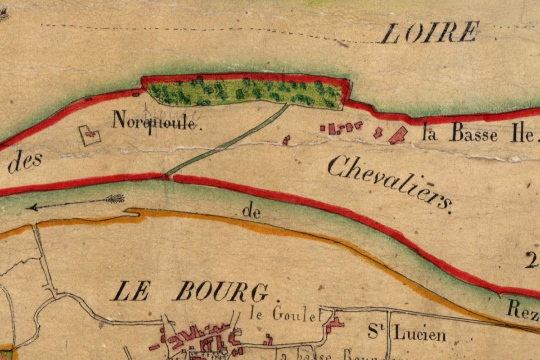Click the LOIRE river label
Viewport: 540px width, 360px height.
tap(430, 32)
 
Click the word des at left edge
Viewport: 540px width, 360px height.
tap(25, 163)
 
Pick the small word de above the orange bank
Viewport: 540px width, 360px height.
tap(251, 211)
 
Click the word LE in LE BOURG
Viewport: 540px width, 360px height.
tap(130, 292)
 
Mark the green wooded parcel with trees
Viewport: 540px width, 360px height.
tap(245, 91)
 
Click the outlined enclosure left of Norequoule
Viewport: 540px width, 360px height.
tap(90, 135)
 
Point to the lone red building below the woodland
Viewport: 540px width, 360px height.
tap(286, 140)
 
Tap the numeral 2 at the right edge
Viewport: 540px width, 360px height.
tap(531, 260)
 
